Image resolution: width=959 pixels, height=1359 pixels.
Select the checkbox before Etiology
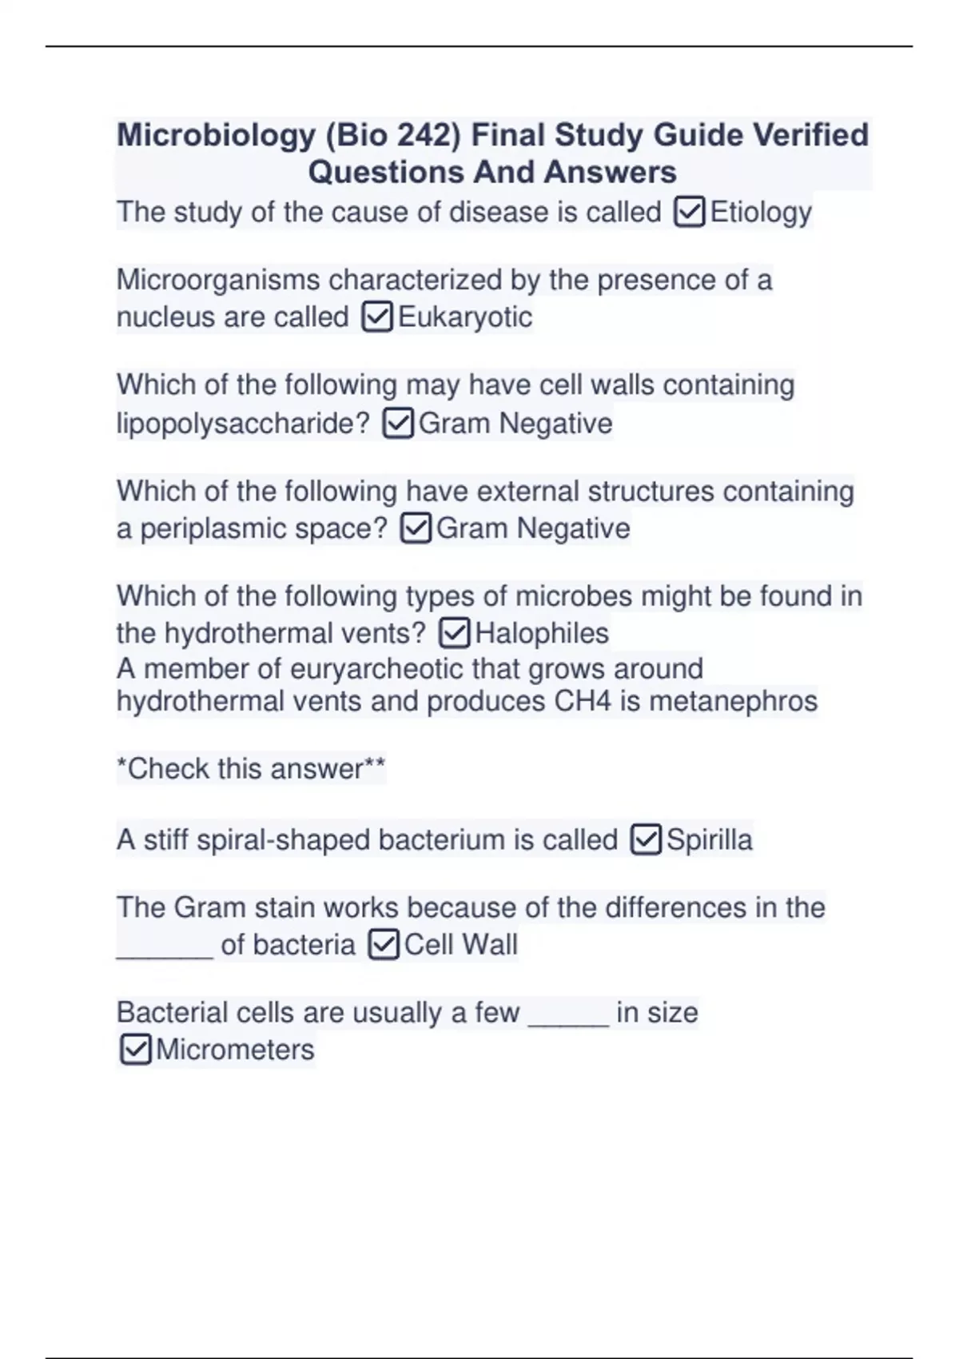tap(689, 213)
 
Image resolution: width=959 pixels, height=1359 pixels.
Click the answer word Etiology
tap(761, 213)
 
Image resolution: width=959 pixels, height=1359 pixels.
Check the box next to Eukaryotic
tap(377, 317)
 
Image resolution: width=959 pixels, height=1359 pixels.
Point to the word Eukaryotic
tap(465, 317)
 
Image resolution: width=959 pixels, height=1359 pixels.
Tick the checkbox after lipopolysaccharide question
tap(398, 424)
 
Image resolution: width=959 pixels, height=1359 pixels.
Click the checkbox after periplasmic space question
tap(416, 528)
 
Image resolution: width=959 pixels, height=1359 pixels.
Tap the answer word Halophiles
tap(542, 634)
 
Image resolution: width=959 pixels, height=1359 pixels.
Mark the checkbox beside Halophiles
tap(455, 634)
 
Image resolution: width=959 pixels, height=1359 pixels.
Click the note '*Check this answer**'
tap(251, 769)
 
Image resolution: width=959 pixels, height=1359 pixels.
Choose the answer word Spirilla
tap(709, 840)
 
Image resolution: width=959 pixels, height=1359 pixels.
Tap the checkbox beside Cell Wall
tap(384, 946)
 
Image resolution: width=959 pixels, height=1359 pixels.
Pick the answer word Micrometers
tap(235, 1050)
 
